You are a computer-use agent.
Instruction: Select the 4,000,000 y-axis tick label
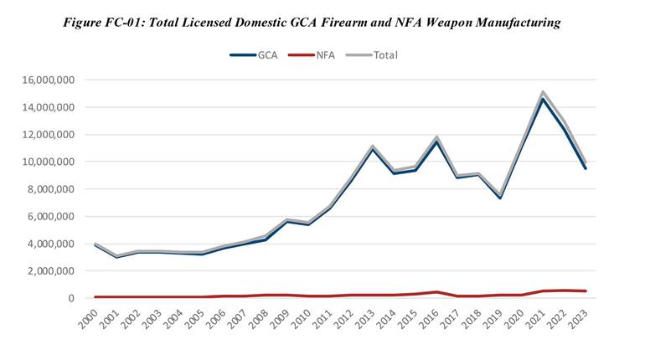pyautogui.click(x=47, y=244)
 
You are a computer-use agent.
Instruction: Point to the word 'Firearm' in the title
pyautogui.click(x=338, y=23)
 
